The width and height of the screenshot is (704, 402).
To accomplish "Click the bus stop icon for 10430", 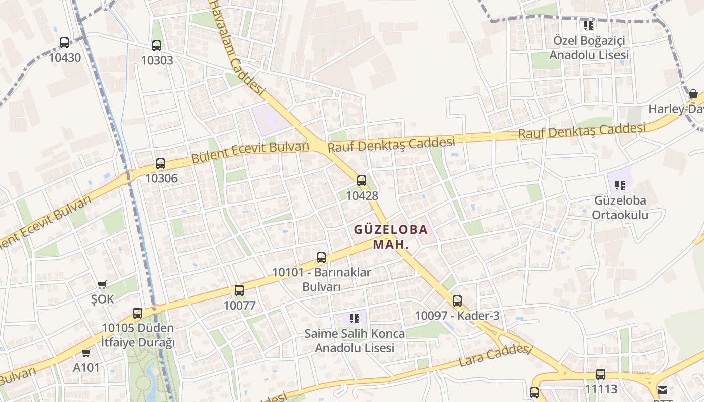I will pos(64,43).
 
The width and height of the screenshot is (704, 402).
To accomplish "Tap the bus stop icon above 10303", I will pos(157,46).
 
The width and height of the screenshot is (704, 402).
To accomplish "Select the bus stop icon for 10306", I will pos(161,164).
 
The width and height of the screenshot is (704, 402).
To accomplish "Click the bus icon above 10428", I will pos(362,181).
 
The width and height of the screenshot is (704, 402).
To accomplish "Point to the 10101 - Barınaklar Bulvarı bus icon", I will pos(321,258).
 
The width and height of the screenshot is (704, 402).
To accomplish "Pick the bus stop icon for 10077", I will pos(239,290).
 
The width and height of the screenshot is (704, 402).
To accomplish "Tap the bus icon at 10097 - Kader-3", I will pos(457,301).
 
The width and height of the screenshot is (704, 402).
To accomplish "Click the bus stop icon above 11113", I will pos(601,374).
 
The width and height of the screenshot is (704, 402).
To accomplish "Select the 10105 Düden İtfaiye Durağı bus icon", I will pos(138,314).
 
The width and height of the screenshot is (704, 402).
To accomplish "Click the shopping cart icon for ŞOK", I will pos(102,285).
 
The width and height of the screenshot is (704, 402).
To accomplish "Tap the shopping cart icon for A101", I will pos(86,353).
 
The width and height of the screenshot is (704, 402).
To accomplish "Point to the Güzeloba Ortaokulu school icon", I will pos(620,185).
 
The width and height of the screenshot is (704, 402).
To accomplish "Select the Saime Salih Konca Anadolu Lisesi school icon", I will pos(355,318).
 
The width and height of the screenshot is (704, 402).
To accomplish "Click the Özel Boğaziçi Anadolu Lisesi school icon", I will pos(589,25).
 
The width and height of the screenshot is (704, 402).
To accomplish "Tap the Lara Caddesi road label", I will pos(495,355).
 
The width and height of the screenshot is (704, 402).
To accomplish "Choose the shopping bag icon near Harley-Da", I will pos(693,94).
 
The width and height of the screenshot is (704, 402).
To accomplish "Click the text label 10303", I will pos(157,60).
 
